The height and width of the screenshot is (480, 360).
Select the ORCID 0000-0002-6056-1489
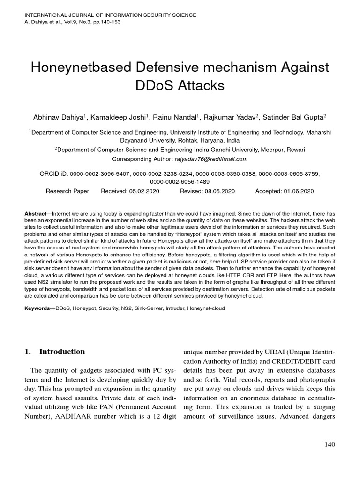point(180,182)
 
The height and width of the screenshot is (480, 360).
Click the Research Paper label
point(66,191)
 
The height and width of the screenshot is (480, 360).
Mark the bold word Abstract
point(35,213)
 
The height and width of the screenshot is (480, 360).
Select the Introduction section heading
point(62,352)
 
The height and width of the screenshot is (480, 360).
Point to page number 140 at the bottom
point(330,444)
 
